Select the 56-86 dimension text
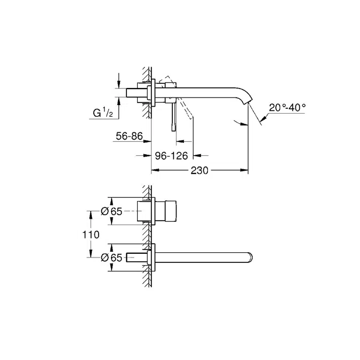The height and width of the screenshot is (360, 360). click(x=129, y=137)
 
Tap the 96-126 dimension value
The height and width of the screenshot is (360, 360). click(x=173, y=156)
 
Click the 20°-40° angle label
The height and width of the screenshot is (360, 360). click(x=287, y=107)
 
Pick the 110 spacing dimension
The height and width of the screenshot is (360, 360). click(x=92, y=234)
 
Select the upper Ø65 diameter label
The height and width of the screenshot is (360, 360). click(x=112, y=211)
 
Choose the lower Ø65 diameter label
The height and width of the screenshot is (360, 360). click(x=112, y=257)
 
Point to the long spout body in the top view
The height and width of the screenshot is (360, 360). click(x=203, y=257)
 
